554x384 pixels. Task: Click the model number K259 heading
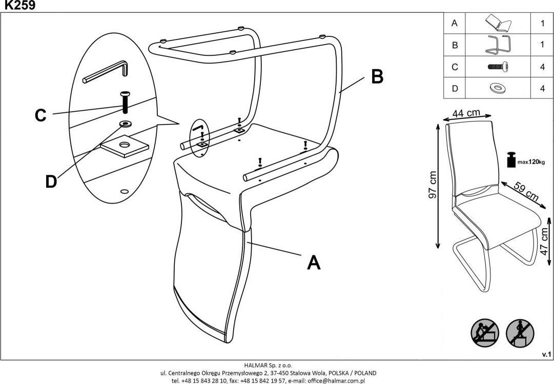coord(18,6)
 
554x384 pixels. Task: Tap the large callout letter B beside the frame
coord(377,76)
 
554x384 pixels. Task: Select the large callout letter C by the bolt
coord(40,115)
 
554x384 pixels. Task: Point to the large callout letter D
coord(51,181)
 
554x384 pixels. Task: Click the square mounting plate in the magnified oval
coord(125,146)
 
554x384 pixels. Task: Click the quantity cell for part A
coord(542,23)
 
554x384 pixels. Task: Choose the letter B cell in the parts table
coord(455,45)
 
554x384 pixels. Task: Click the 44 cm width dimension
coord(466,113)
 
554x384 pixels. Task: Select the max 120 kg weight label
coord(530,162)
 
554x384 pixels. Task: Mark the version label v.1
coord(546,354)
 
